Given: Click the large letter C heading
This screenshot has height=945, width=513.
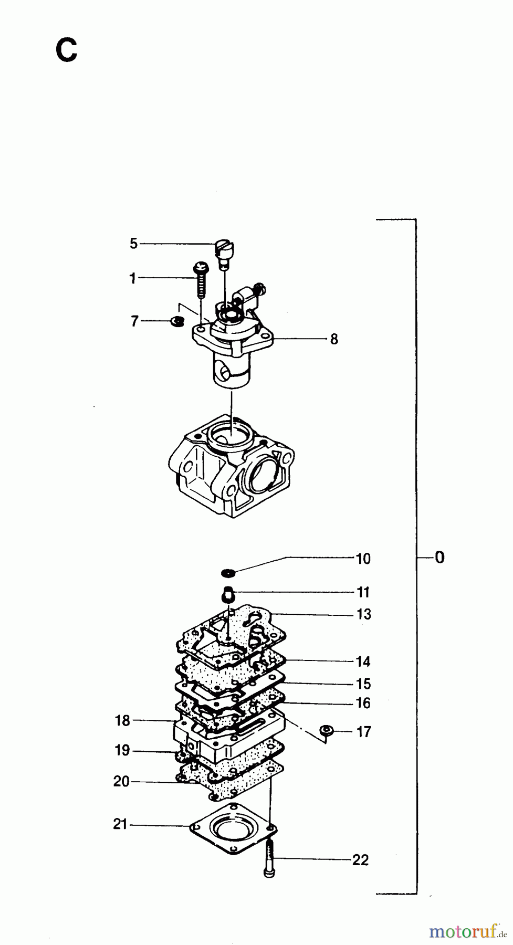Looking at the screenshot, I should (67, 51).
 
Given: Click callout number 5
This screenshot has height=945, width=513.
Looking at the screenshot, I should (133, 244).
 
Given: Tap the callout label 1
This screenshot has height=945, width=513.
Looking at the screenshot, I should (133, 278).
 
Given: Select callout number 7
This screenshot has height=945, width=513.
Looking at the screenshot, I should (134, 321).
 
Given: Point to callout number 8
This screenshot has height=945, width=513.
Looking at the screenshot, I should (334, 339).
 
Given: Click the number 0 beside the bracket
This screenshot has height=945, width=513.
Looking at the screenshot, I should (439, 557).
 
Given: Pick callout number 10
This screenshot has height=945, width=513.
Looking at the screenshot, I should (363, 559).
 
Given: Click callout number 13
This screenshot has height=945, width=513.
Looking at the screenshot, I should (363, 614).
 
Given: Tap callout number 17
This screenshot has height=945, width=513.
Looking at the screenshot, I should (364, 731).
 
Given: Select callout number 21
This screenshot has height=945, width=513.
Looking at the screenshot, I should (120, 824).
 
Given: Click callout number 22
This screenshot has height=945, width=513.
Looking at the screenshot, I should (360, 860).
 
